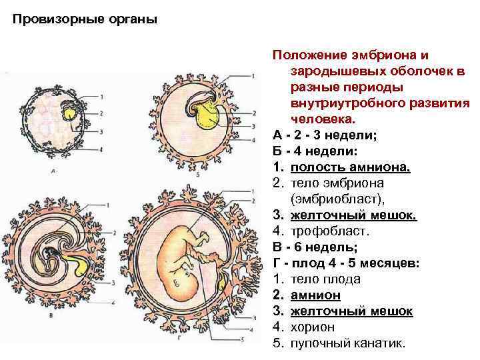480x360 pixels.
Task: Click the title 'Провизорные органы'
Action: tap(85, 19)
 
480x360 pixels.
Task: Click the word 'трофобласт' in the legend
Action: tap(325, 231)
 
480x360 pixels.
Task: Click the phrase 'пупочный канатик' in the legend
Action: tap(347, 343)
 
